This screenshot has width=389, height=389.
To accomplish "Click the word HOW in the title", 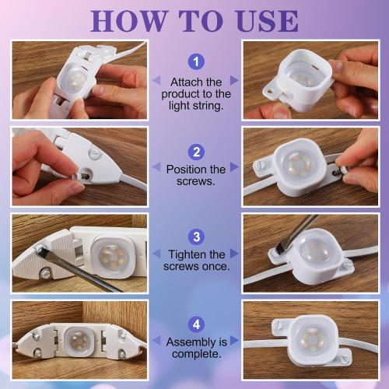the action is [128, 21].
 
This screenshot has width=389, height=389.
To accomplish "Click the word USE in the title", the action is [268, 21].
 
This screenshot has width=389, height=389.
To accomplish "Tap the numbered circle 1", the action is [196, 61].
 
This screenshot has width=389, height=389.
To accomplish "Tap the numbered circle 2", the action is [196, 152].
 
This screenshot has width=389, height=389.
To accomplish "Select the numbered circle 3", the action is [196, 237].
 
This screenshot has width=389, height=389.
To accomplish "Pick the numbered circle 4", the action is [196, 324].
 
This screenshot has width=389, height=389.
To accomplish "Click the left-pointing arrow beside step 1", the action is [156, 80].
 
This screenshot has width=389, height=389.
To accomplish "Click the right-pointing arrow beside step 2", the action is [234, 167].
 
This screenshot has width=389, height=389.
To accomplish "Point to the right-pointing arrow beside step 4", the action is [234, 340].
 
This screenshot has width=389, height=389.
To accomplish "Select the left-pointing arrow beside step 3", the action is [156, 254].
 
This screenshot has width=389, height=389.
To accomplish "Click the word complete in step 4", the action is [196, 354].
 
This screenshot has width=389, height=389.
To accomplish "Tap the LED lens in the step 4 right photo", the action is [313, 338].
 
